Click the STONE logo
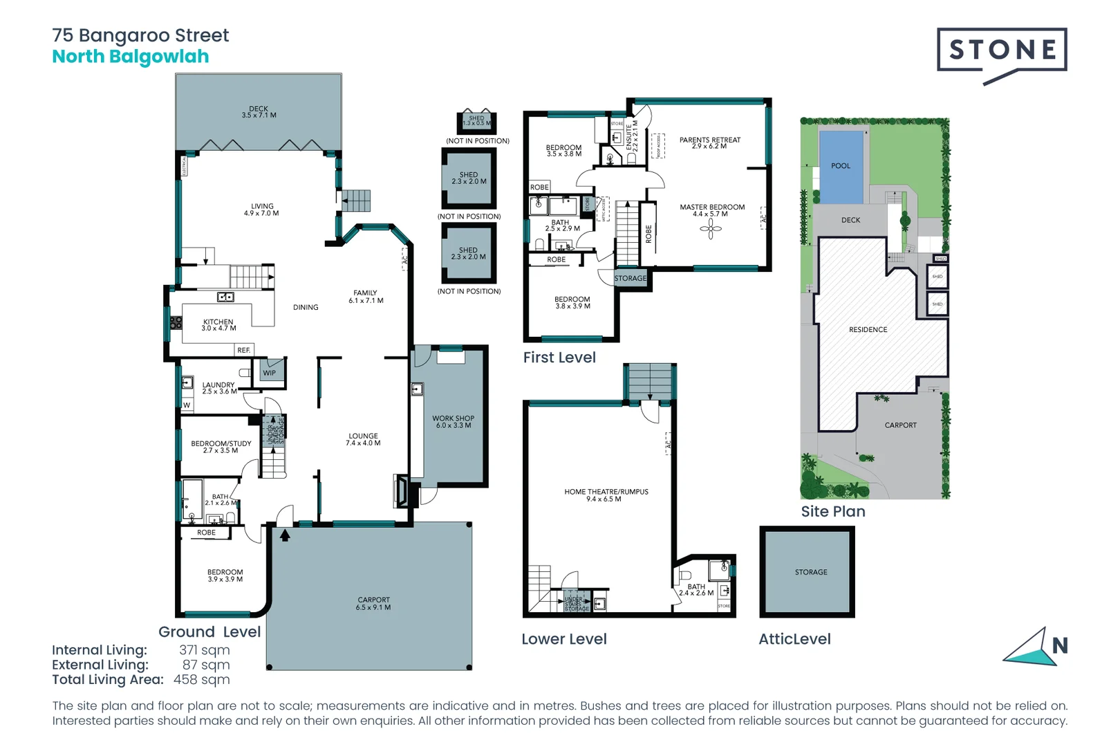1002,50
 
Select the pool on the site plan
841,166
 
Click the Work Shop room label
453,421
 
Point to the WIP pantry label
270,373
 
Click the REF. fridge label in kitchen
243,350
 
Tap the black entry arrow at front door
285,535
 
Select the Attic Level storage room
808,571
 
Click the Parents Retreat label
709,142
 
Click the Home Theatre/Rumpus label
606,495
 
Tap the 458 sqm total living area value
201,679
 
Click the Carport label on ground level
373,603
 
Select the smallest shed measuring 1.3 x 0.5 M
476,121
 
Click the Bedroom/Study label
221,446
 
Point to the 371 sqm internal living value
204,649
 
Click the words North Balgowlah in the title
131,57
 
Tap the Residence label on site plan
868,330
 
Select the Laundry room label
218,387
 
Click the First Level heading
559,358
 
